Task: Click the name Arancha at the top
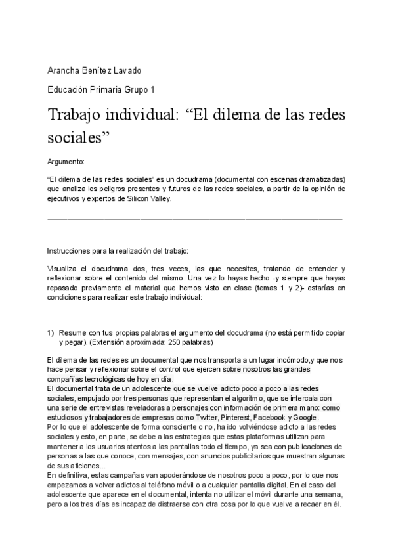point(64,70)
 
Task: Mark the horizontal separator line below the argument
point(195,217)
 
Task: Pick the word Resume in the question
point(74,333)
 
